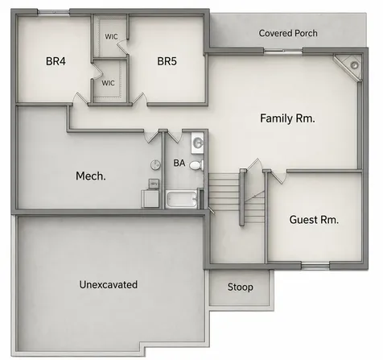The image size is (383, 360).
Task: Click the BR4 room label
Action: click(56, 61)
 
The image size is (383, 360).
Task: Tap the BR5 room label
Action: click(167, 61)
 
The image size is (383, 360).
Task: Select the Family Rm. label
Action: click(287, 118)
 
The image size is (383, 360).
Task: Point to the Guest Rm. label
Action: click(314, 220)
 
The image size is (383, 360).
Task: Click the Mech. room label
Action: click(91, 176)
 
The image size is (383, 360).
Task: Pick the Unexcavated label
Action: click(109, 284)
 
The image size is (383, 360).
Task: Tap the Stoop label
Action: click(241, 288)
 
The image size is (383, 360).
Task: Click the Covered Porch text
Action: click(288, 33)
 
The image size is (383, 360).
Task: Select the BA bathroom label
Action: click(179, 163)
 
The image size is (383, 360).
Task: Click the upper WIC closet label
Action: click(111, 36)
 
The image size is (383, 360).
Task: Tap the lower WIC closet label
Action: click(108, 83)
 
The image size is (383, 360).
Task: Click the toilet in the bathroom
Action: click(197, 165)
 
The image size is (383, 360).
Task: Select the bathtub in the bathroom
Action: click(181, 199)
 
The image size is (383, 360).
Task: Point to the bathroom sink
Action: click(197, 143)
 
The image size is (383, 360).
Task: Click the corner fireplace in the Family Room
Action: click(348, 67)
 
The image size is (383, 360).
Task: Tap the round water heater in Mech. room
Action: click(155, 164)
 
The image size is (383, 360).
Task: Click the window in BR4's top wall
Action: click(53, 12)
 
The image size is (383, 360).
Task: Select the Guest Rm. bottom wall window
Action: click(315, 267)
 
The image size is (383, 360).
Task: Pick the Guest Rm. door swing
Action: click(278, 177)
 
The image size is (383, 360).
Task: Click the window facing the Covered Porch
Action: click(283, 51)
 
